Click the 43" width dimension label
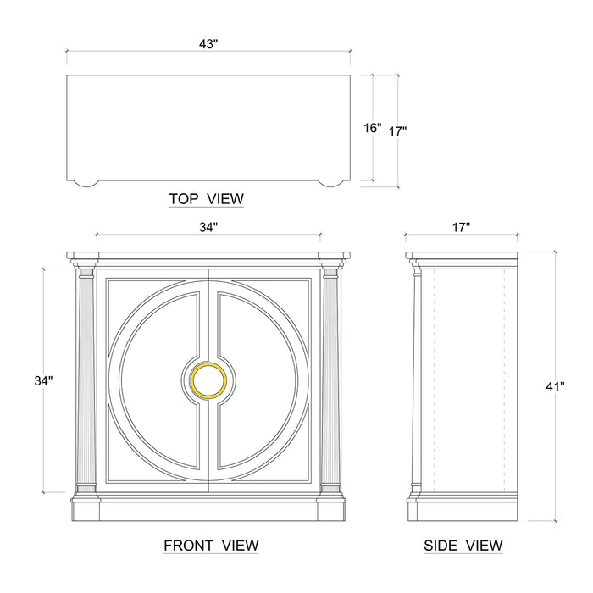coord(208,44)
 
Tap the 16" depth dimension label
coord(373,128)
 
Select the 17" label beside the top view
coord(398,131)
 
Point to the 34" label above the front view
coord(208,227)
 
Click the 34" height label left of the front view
coord(43,380)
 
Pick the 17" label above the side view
coord(462,227)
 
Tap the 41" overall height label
coord(555,386)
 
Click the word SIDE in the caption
coord(441,546)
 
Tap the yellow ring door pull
coord(208,380)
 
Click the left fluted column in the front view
coord(86,381)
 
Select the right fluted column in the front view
coord(330,381)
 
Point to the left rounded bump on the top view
coord(85,183)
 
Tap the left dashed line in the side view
coord(434,381)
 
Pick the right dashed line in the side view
coord(505,381)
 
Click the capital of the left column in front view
coord(86,272)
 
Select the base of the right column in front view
coord(330,490)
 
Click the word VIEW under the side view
coord(484,546)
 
